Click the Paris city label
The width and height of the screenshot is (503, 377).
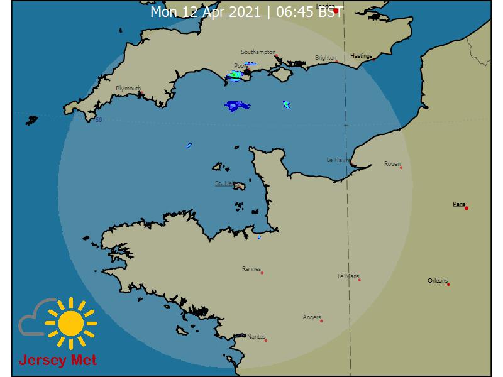coord(459,204)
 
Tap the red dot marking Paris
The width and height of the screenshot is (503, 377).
coord(467,208)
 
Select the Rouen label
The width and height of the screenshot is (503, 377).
coord(392,164)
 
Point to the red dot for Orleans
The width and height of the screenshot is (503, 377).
coord(448,285)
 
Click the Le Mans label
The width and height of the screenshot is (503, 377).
coord(348,276)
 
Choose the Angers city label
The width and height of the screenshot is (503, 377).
coord(312,317)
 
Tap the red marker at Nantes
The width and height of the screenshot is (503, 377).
coord(266,341)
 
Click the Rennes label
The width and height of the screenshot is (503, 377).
coord(251,269)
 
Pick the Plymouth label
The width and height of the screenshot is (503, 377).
coord(128,89)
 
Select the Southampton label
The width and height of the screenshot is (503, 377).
coord(258,52)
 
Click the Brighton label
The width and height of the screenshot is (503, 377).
coord(326,58)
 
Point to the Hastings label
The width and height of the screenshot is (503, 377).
coord(362,56)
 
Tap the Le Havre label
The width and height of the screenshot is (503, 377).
coord(338,160)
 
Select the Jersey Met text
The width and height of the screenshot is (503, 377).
coord(58,361)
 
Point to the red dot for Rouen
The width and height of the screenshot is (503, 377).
coord(401,168)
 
